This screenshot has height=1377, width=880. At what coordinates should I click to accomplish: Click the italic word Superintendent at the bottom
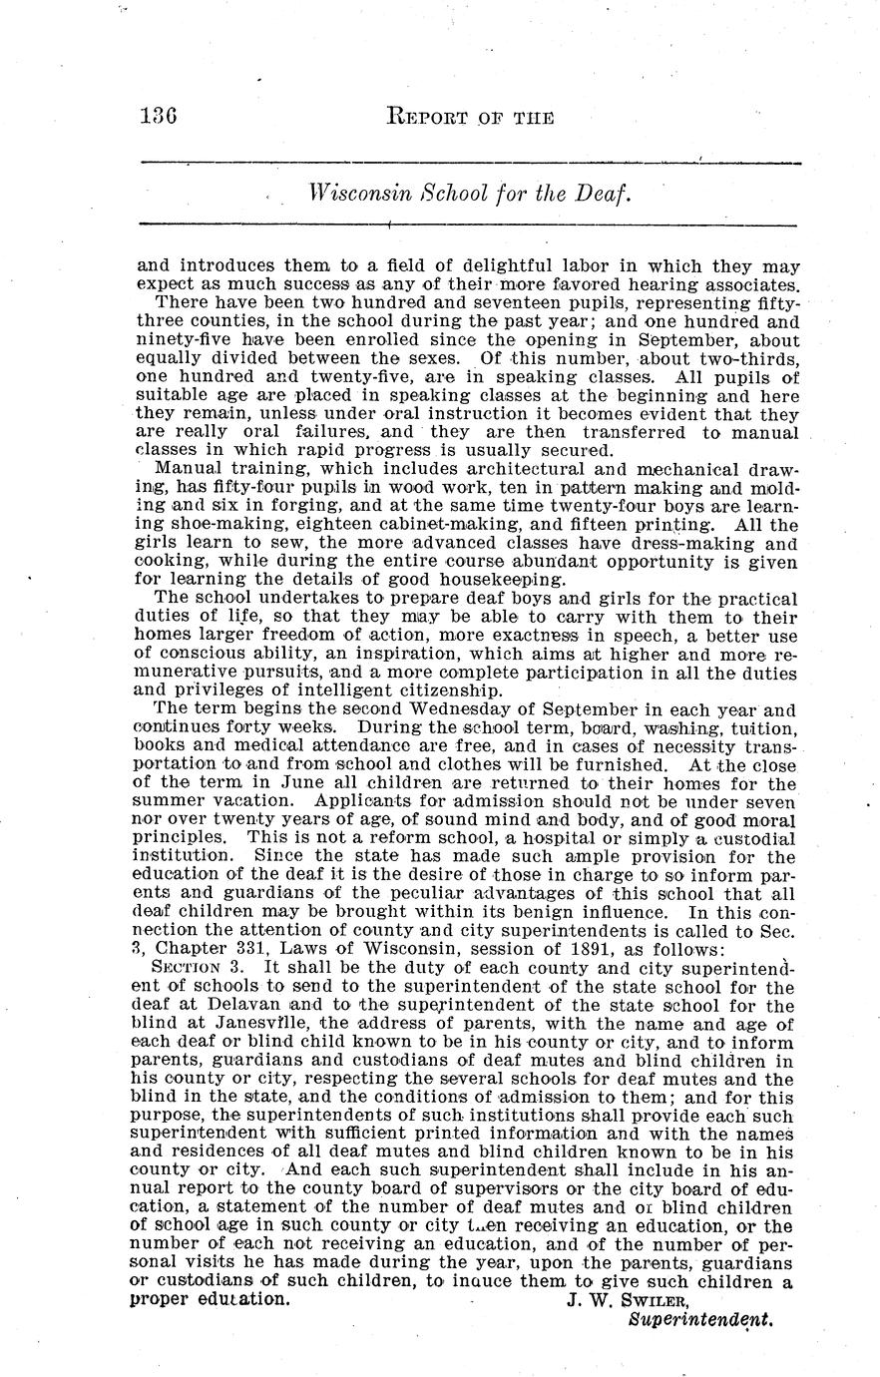701,1318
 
